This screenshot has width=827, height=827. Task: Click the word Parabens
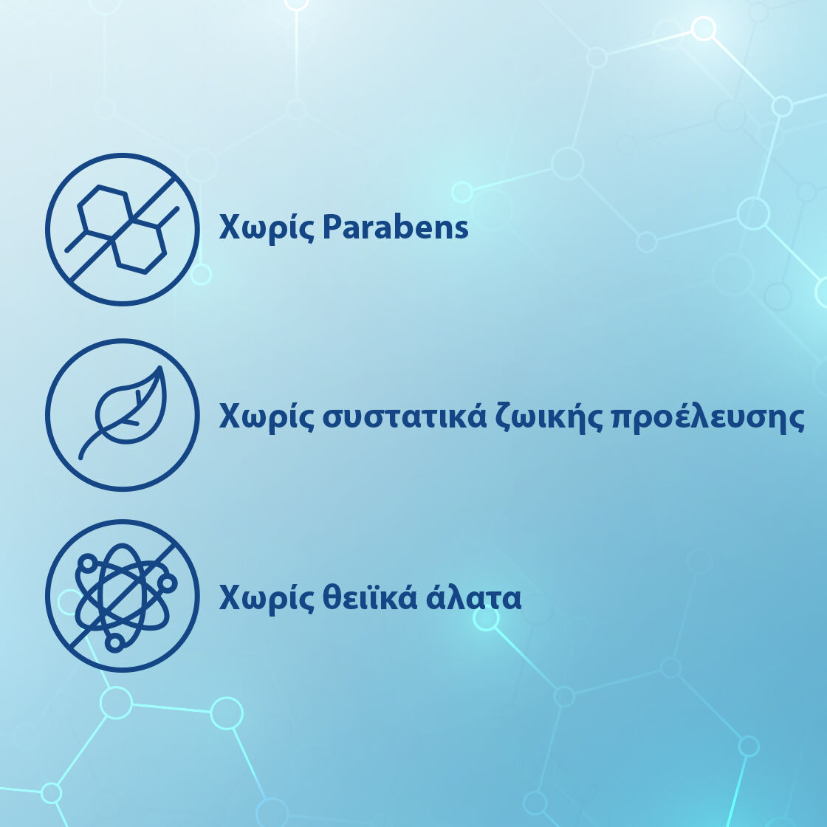point(395,227)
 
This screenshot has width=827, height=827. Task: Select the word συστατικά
point(404,416)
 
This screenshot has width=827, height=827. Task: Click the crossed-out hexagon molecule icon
point(123,230)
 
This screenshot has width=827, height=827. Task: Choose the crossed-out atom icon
point(123,596)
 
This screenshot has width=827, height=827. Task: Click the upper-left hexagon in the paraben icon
point(105,211)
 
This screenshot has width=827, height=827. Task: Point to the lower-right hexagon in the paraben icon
point(140,247)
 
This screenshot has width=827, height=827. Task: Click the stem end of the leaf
point(80,457)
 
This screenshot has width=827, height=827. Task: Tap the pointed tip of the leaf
point(159,368)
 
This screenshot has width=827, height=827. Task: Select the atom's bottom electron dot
point(114,642)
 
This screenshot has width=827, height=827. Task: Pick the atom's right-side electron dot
point(167,583)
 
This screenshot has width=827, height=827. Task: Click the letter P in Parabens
point(332,227)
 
